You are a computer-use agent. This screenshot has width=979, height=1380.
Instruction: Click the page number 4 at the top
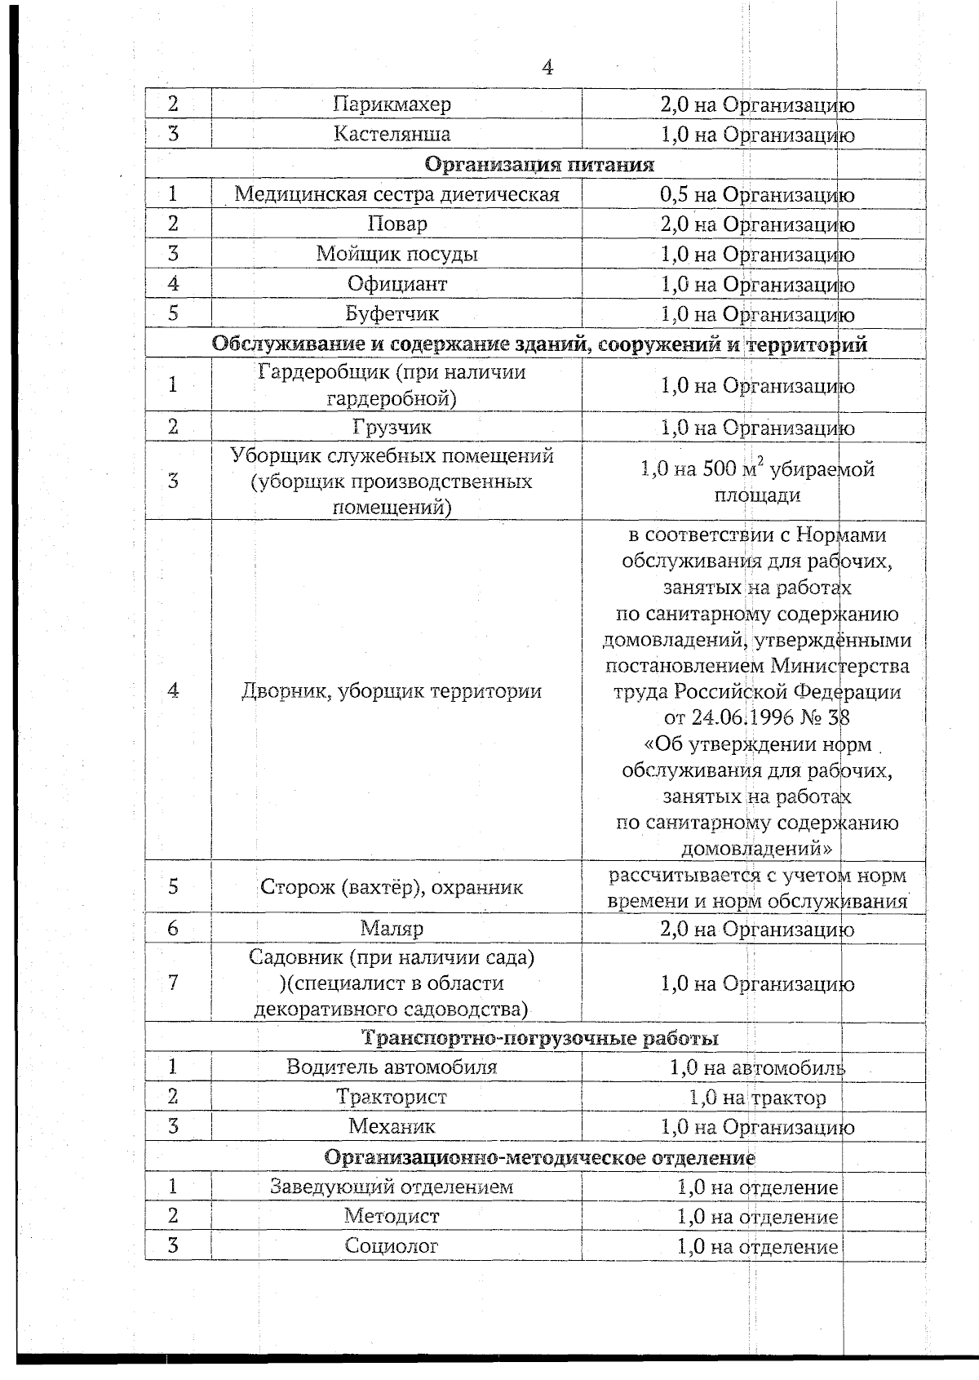[547, 68]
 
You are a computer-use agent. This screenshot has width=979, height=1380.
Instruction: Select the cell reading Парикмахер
[392, 104]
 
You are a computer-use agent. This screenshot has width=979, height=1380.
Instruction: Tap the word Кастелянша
[392, 134]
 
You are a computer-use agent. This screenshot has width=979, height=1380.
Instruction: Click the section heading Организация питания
[540, 164]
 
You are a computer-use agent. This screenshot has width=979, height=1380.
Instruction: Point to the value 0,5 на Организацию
[756, 194]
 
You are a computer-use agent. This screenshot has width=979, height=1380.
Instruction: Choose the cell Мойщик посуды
[396, 254]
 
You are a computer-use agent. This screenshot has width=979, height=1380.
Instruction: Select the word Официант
[396, 284]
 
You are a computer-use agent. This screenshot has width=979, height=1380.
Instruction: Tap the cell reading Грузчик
[392, 427]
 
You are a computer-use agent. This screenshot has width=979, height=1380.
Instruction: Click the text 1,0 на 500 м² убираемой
[756, 469]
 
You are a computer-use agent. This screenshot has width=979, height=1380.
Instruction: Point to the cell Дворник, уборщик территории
[392, 691]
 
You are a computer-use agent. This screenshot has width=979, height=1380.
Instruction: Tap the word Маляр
[392, 929]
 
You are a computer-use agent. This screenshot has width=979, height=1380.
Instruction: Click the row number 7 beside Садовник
[173, 982]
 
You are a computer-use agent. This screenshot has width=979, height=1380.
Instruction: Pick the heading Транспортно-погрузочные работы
[540, 1038]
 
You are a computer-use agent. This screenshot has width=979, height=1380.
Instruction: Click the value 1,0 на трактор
[756, 1098]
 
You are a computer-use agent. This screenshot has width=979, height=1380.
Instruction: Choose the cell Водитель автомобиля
[392, 1067]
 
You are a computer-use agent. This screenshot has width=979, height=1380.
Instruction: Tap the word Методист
[392, 1216]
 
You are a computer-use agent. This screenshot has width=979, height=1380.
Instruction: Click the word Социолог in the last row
[392, 1246]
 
